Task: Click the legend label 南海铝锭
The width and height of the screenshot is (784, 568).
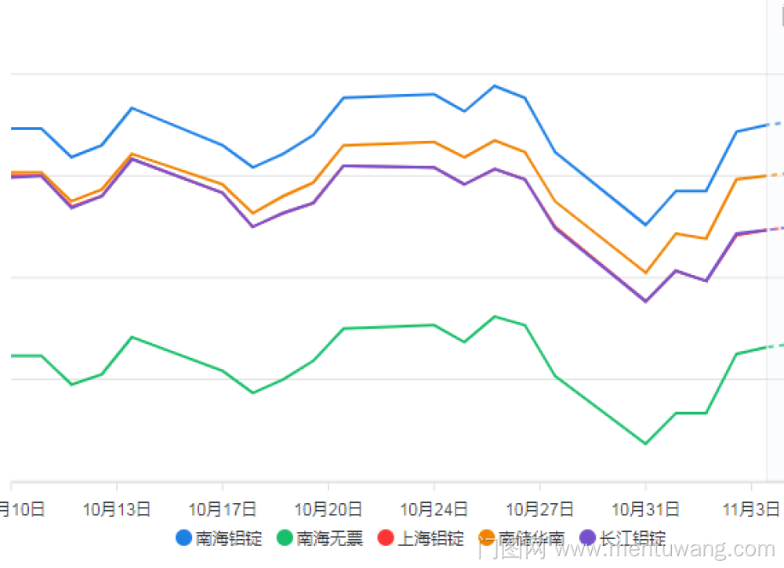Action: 228,539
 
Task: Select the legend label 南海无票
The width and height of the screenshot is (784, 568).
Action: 329,539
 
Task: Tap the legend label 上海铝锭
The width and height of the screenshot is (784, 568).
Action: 430,539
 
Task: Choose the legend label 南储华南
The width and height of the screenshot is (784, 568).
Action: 532,539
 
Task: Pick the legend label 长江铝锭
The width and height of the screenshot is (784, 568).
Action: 632,539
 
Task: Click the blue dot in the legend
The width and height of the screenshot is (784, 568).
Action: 184,538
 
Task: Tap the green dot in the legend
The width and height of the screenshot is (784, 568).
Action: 285,538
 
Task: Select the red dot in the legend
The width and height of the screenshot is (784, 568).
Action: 385,538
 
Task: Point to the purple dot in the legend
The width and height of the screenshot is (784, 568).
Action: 587,538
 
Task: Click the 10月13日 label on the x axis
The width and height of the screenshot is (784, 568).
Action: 116,510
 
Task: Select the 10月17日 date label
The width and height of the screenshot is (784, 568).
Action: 222,510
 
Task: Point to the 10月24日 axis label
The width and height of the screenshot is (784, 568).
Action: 434,510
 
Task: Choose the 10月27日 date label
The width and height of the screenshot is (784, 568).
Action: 539,510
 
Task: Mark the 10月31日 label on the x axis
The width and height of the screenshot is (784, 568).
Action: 645,510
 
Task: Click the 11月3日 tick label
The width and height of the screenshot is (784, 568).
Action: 751,510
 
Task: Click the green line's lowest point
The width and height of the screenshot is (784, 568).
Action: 645,444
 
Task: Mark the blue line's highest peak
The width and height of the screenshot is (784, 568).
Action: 495,85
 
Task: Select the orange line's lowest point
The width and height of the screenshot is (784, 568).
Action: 645,273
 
